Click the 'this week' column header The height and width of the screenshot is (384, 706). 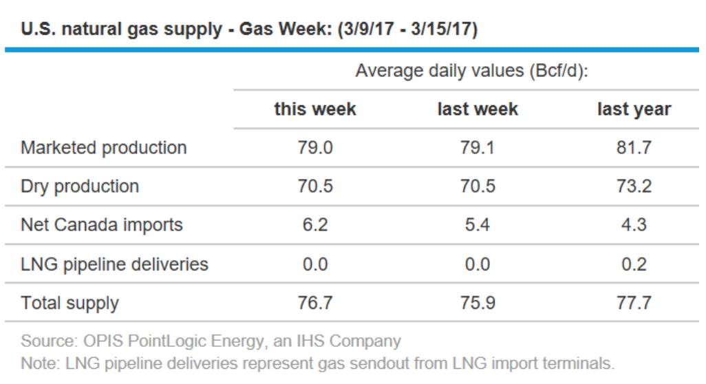pyautogui.click(x=315, y=109)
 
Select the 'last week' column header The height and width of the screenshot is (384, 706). pyautogui.click(x=478, y=109)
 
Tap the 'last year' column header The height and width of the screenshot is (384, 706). pyautogui.click(x=633, y=109)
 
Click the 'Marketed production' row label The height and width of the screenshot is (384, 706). pyautogui.click(x=103, y=148)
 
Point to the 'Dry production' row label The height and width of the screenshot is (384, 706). pyautogui.click(x=80, y=186)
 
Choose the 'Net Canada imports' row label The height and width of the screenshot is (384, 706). pyautogui.click(x=102, y=225)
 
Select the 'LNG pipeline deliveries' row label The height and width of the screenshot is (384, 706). pyautogui.click(x=114, y=264)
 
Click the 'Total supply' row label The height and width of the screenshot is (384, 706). pyautogui.click(x=69, y=303)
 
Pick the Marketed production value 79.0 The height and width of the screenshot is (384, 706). pyautogui.click(x=315, y=148)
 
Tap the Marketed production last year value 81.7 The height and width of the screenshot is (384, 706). pyautogui.click(x=633, y=148)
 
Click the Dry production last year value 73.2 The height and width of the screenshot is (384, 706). pyautogui.click(x=633, y=186)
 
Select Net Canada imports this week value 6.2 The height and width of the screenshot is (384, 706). pyautogui.click(x=315, y=225)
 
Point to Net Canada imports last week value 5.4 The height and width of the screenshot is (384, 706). pyautogui.click(x=478, y=225)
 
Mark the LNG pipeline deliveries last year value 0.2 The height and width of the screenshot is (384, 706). pyautogui.click(x=633, y=264)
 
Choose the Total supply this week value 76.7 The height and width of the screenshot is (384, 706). pyautogui.click(x=315, y=303)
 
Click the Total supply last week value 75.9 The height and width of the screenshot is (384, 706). pyautogui.click(x=478, y=303)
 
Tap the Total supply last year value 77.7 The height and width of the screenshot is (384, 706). pyautogui.click(x=633, y=303)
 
